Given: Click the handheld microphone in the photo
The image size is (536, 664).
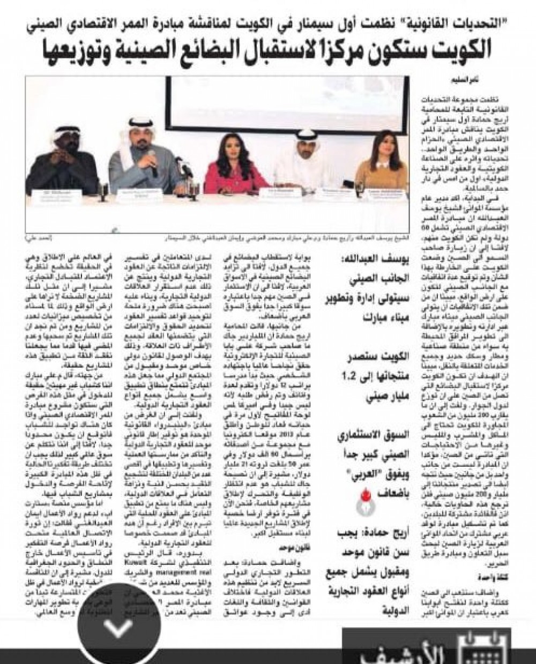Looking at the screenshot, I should [x=152, y=163].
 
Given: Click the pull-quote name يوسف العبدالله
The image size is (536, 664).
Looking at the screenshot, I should [x=379, y=264].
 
